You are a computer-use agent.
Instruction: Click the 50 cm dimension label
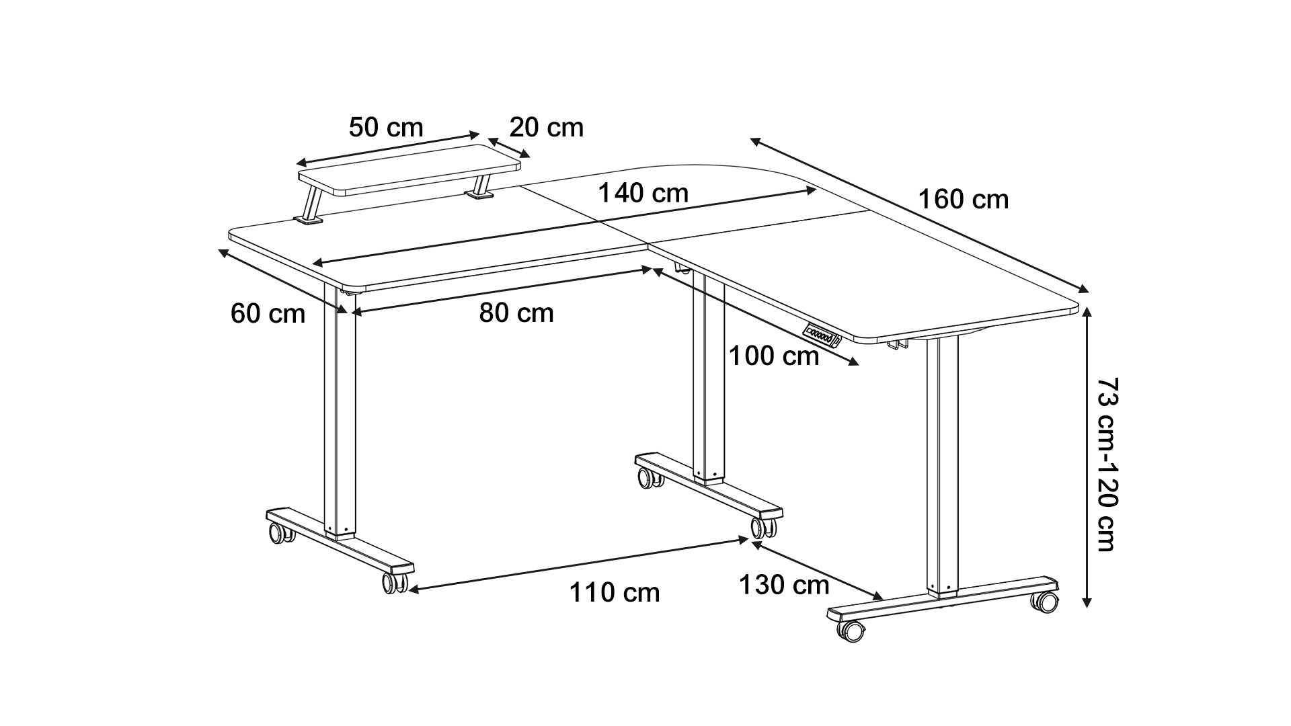(386, 127)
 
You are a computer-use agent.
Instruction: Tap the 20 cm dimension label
(546, 127)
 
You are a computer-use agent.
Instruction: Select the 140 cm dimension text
(643, 193)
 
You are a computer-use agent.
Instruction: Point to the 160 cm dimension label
(964, 200)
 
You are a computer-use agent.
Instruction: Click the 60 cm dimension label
(268, 313)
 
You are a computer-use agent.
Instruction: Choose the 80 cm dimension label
(516, 313)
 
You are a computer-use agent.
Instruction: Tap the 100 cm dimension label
(774, 356)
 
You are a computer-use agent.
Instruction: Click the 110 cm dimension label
(615, 592)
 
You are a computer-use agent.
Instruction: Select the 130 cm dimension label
(784, 585)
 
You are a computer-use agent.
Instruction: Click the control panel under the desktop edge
(820, 334)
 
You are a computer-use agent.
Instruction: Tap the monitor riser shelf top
(410, 171)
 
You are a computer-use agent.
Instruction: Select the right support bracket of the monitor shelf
(480, 188)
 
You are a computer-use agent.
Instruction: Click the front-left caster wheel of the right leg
(851, 631)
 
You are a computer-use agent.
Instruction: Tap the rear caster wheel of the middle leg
(649, 478)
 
